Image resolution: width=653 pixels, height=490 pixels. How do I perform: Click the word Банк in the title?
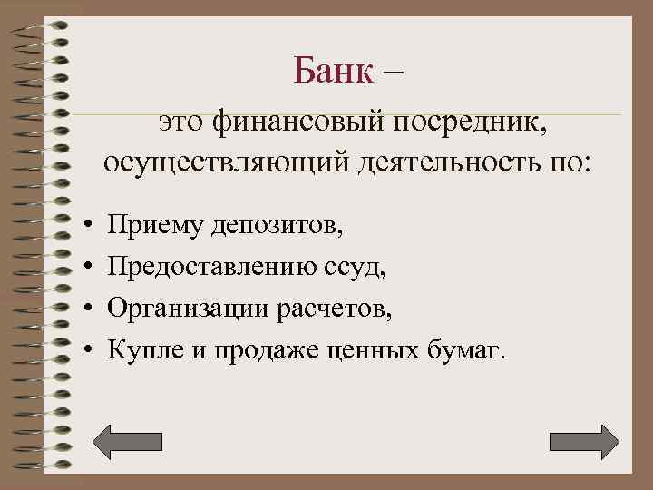[x=333, y=69]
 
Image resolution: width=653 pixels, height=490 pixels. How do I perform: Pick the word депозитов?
[x=278, y=223]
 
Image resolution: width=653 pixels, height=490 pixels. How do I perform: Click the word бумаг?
[x=462, y=350]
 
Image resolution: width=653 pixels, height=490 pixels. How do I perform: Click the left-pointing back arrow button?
[x=129, y=440]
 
